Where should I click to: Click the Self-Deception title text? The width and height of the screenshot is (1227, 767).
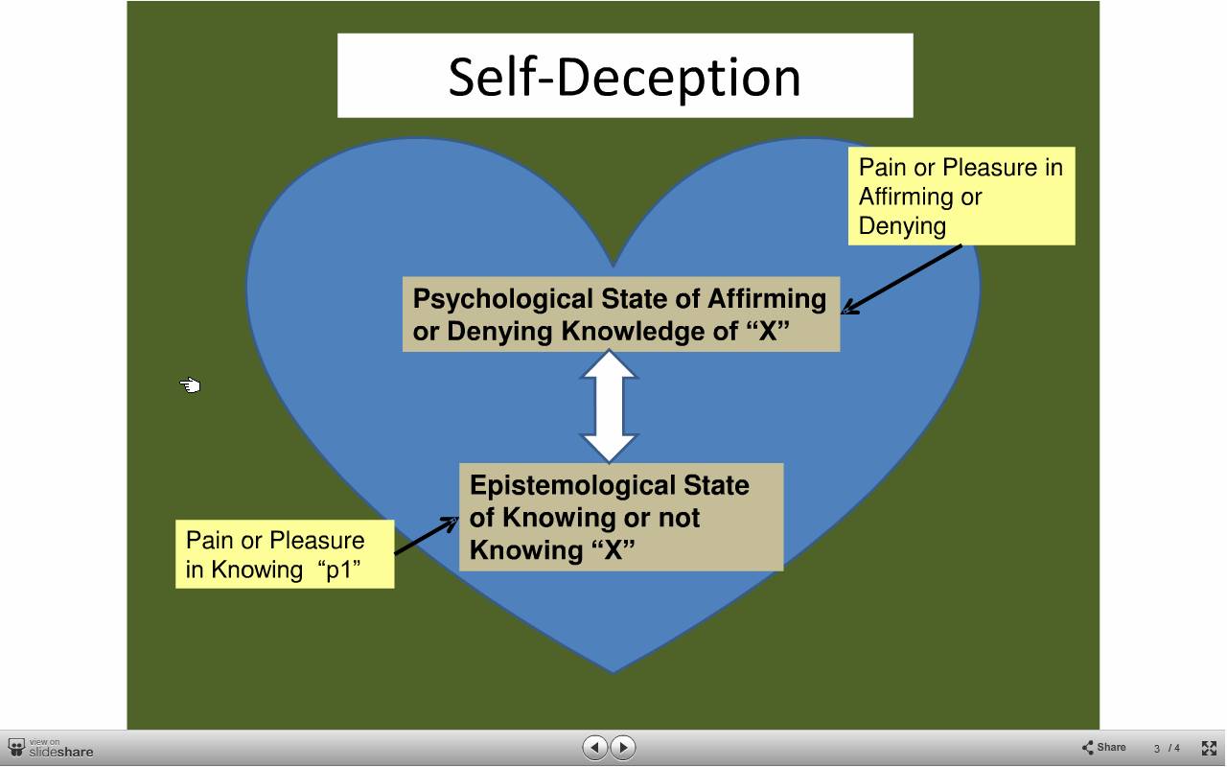click(x=624, y=77)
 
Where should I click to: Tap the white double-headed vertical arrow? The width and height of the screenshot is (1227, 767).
click(x=609, y=406)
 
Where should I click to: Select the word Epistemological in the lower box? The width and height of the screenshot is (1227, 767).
click(x=567, y=486)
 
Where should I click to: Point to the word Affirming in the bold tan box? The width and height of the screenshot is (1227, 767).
click(x=767, y=300)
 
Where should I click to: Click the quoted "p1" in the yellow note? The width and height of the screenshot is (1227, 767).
click(x=339, y=569)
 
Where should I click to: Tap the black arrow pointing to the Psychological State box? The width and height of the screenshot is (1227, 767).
click(x=902, y=279)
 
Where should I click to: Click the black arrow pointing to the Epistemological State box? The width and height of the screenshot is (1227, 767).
click(x=427, y=535)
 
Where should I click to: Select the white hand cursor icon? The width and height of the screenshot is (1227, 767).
click(x=190, y=385)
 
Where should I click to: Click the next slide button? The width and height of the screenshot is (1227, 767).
click(x=623, y=747)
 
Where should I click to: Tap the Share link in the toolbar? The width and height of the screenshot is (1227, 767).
click(x=1103, y=747)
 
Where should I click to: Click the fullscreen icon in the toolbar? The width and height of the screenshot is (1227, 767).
click(x=1209, y=748)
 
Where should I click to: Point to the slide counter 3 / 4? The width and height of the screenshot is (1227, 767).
click(x=1167, y=748)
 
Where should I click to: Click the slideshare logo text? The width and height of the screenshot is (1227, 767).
click(x=61, y=752)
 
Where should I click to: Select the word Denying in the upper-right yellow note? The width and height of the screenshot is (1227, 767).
click(x=902, y=226)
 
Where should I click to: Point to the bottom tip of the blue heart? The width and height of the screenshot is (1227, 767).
click(x=613, y=672)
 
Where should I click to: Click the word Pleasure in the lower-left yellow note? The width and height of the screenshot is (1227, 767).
click(x=316, y=541)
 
